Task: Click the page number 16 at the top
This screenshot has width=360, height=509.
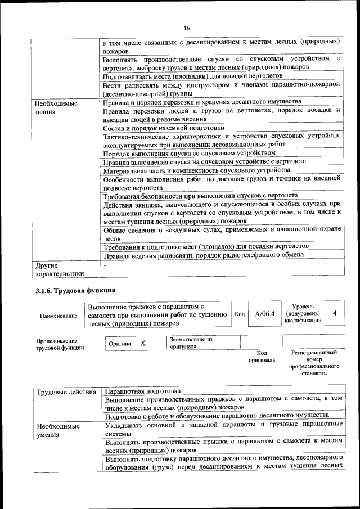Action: coord(187,28)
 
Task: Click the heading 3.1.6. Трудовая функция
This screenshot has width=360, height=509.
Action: coord(75,291)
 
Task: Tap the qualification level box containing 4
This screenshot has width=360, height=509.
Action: coord(335,313)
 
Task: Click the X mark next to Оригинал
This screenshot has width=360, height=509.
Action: coord(143,343)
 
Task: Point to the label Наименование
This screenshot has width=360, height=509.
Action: coord(58,316)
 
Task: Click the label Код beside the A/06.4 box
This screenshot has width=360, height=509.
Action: coord(239,314)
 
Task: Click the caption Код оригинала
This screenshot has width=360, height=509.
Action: coord(262,356)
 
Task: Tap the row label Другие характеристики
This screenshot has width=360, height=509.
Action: coord(59,269)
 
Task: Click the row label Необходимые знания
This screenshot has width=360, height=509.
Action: coord(56,107)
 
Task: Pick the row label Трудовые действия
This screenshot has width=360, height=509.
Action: coord(66,391)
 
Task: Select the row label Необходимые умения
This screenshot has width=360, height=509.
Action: coord(58,431)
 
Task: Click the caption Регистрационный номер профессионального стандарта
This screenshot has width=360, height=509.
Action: coord(313,363)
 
